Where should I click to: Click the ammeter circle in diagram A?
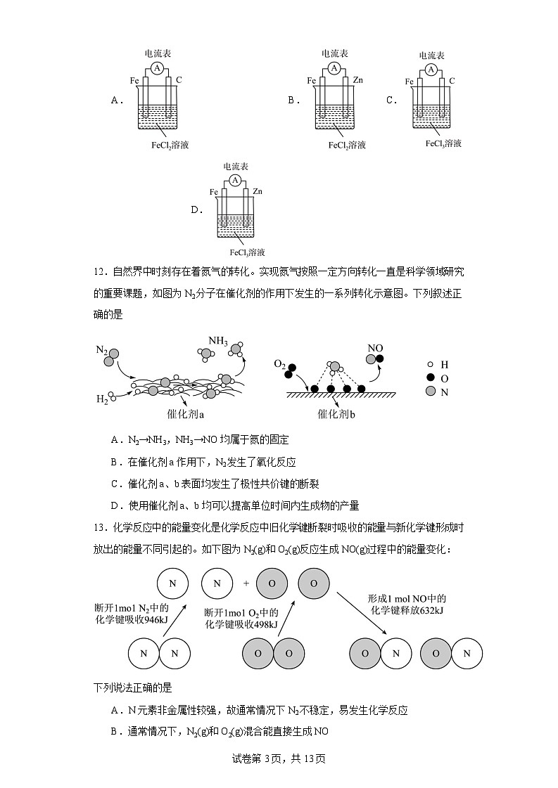coord(158,68)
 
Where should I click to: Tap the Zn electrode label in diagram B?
coord(357,81)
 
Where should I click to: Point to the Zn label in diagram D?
coord(258,191)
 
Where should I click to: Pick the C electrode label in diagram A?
coord(179,81)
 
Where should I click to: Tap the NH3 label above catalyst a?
coord(217,342)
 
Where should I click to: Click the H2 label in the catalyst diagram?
coord(102,399)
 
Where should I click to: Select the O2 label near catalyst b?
coord(279,365)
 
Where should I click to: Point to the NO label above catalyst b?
coord(376,347)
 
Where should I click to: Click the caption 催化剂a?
coord(186,414)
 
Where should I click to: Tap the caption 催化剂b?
coord(337,414)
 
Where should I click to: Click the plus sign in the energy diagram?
coord(246,583)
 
